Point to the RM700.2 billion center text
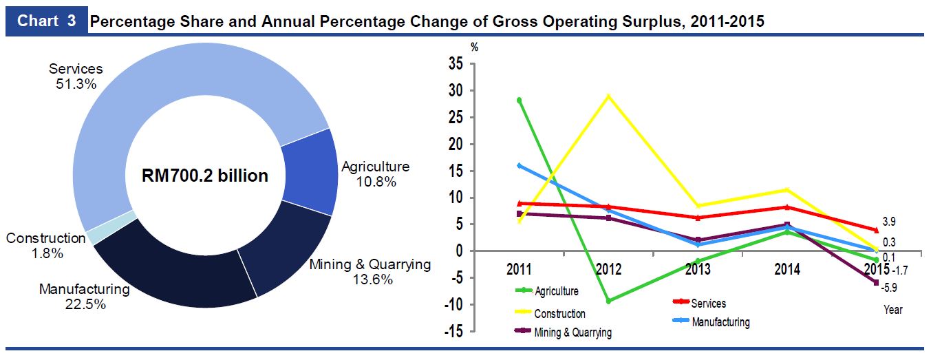click(x=204, y=176)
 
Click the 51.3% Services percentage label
click(x=76, y=83)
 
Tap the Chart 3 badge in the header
click(x=46, y=21)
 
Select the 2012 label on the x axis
click(x=608, y=268)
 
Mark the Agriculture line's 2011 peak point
click(x=520, y=100)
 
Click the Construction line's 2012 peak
click(x=608, y=96)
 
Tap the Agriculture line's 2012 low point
click(x=608, y=301)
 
